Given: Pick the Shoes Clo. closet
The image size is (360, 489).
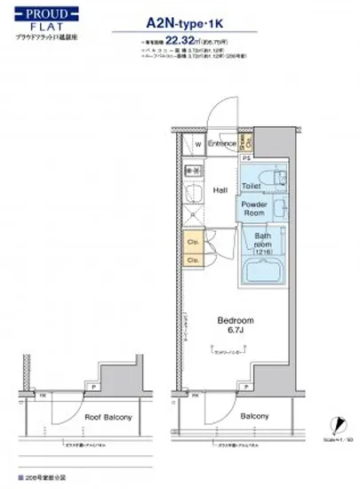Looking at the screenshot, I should coord(247,142).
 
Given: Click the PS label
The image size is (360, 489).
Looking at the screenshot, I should coord(246,157).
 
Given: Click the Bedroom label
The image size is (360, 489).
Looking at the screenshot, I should coord(235,319).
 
